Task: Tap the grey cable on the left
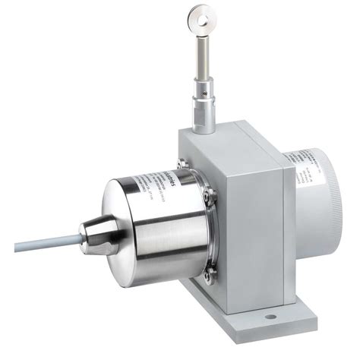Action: [38, 245]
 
